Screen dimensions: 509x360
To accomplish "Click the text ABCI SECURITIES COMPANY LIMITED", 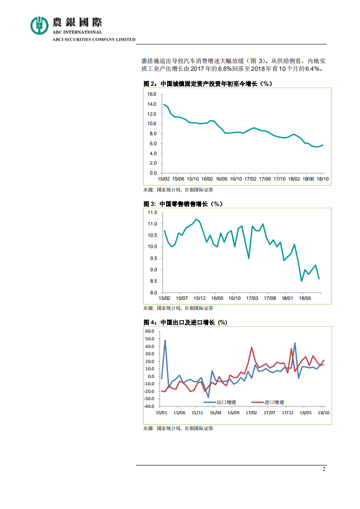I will tap(94, 39).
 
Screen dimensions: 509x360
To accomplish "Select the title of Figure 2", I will tap(207, 84).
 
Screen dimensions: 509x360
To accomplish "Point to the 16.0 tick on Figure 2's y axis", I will tap(152, 94).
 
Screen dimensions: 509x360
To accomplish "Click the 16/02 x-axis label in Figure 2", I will tap(207, 179).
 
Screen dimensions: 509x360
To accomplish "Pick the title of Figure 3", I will tap(183, 204).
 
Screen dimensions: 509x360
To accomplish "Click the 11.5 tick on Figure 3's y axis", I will tap(152, 213).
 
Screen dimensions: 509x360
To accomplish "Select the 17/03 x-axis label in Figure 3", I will tap(252, 299).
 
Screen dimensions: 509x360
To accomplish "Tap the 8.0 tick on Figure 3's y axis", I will tap(153, 293).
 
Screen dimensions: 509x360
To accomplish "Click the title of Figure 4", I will tap(185, 322).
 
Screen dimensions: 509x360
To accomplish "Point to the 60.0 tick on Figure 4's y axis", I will tap(149, 331).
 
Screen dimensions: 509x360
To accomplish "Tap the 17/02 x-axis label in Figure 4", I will tap(252, 412).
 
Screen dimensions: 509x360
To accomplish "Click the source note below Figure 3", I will tap(178, 308).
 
